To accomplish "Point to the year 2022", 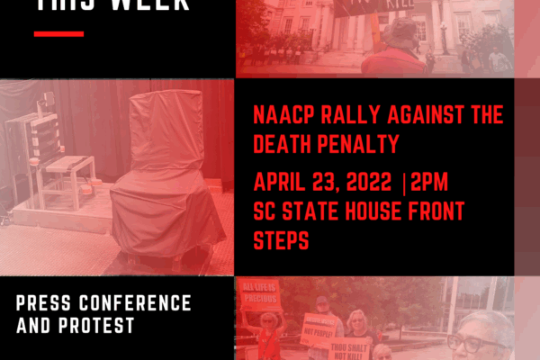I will (x=366, y=184).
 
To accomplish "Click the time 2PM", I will (x=429, y=184).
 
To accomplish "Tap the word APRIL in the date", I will (x=283, y=184).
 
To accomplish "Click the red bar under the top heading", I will (x=58, y=34).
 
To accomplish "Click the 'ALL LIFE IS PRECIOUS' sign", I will (x=260, y=295).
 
